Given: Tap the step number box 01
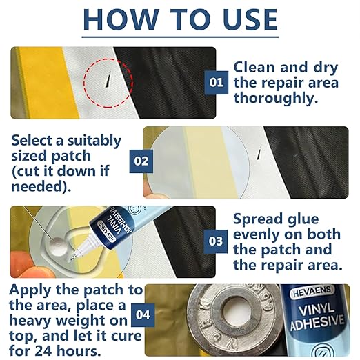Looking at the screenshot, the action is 216,83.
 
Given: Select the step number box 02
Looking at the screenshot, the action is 141,161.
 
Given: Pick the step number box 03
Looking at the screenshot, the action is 216,241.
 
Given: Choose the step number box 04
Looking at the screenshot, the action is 143,315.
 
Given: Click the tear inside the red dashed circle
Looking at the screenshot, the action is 108,79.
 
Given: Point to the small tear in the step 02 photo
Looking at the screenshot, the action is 259,154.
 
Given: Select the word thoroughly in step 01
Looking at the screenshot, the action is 276,99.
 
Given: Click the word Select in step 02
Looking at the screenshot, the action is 32,140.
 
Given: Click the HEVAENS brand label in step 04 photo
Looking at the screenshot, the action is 312,292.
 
